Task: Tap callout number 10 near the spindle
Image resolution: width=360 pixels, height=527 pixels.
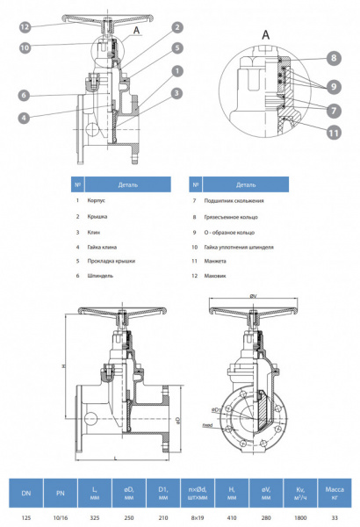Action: pos(26,47)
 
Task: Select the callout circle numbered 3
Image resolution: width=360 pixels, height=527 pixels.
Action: pos(176,92)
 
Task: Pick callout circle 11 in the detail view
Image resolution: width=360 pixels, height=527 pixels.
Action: pos(334,133)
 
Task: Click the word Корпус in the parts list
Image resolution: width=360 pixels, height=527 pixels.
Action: pos(97,201)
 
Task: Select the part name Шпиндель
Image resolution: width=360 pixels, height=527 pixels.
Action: pos(100,276)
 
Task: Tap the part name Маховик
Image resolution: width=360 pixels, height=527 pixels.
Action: pos(214,276)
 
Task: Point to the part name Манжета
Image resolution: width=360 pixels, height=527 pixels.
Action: pos(214,261)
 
